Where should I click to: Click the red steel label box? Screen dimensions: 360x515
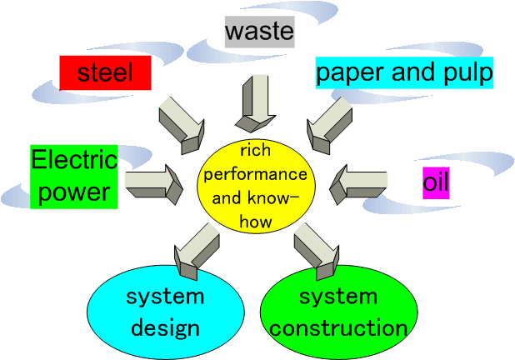pyautogui.click(x=105, y=72)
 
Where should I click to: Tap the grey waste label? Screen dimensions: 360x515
pyautogui.click(x=259, y=32)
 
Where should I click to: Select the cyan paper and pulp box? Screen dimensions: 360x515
pyautogui.click(x=404, y=72)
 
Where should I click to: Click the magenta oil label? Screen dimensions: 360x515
pyautogui.click(x=436, y=182)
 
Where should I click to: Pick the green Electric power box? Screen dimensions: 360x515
pyautogui.click(x=73, y=177)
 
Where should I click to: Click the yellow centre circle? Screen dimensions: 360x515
pyautogui.click(x=256, y=185)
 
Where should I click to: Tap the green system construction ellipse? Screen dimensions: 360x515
pyautogui.click(x=338, y=312)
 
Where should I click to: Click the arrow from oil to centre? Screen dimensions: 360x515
pyautogui.click(x=357, y=182)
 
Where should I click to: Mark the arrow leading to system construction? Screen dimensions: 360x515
pyautogui.click(x=314, y=248)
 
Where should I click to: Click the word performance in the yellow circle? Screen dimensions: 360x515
pyautogui.click(x=256, y=176)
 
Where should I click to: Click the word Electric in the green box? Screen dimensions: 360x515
pyautogui.click(x=73, y=160)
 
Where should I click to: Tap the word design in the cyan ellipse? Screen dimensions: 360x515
pyautogui.click(x=164, y=327)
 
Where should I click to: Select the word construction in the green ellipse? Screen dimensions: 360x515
pyautogui.click(x=338, y=327)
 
